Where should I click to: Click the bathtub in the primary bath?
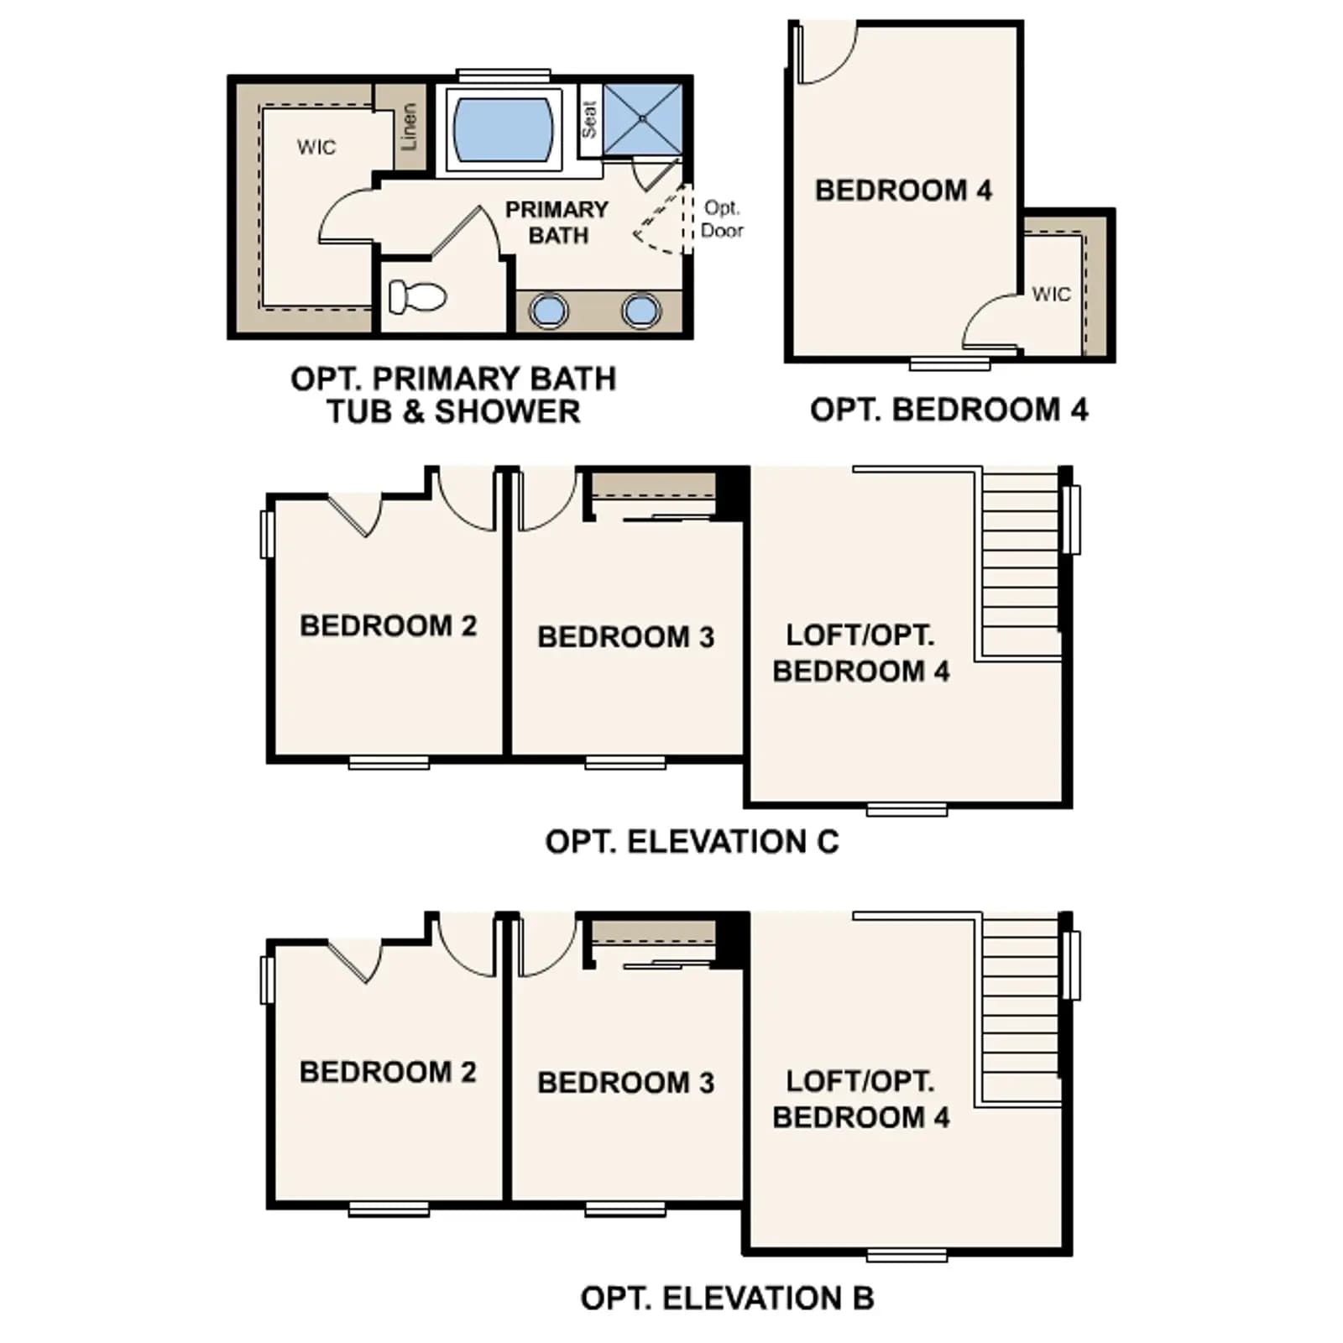(x=503, y=129)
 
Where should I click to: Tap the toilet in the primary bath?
(x=417, y=296)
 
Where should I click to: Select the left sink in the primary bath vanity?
(x=548, y=310)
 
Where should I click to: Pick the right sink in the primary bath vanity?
(x=641, y=310)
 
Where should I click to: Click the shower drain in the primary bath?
(x=642, y=119)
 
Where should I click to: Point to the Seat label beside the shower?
(x=589, y=119)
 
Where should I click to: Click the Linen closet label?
(x=409, y=127)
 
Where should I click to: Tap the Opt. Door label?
(x=722, y=218)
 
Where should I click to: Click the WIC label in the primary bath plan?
(x=316, y=147)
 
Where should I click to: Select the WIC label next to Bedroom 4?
(x=1052, y=294)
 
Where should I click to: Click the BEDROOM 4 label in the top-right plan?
(x=903, y=191)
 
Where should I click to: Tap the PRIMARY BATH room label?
(x=557, y=222)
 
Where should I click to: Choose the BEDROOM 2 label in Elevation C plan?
(x=388, y=625)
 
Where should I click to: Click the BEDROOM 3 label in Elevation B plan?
(x=625, y=1083)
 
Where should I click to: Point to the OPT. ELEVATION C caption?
(x=692, y=842)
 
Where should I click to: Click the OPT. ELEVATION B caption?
(x=727, y=1299)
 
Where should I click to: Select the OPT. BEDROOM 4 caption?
(x=948, y=410)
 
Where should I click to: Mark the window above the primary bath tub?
(x=504, y=76)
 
